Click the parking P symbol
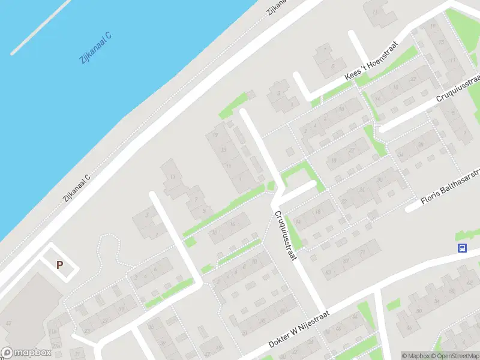[59, 265]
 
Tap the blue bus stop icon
[463, 248]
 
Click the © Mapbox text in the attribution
[416, 356]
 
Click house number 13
[224, 149]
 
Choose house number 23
[88, 329]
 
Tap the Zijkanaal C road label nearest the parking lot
[77, 187]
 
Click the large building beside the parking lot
[24, 312]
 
